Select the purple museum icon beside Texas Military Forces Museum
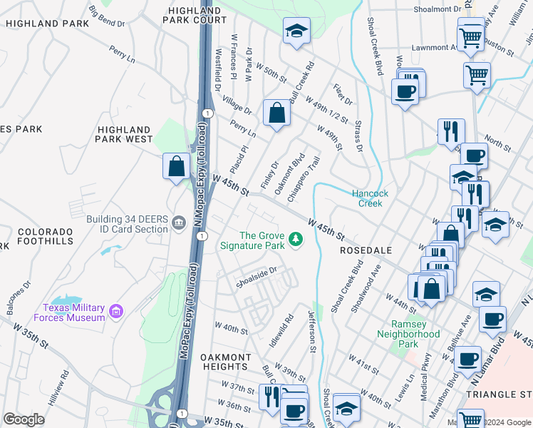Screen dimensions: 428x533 [116, 311]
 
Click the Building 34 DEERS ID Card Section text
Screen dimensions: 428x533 [128, 224]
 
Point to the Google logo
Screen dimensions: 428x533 [24, 419]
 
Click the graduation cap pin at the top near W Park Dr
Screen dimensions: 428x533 [296, 31]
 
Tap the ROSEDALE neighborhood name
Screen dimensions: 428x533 [366, 251]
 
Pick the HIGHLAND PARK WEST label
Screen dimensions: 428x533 [125, 134]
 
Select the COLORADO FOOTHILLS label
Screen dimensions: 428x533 [46, 237]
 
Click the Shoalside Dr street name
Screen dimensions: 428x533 [256, 275]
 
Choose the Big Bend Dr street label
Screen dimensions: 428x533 [107, 18]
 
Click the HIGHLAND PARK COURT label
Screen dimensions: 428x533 [196, 16]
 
